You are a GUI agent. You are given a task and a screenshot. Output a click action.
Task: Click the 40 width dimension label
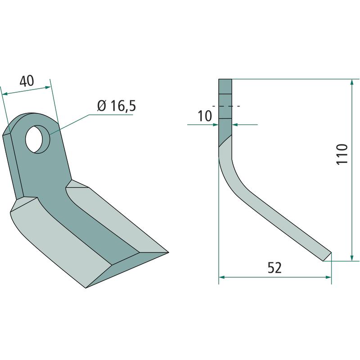click(x=27, y=81)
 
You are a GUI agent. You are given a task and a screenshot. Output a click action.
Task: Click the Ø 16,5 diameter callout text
click(x=117, y=106)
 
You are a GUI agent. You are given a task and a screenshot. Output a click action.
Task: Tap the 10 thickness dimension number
click(x=205, y=116)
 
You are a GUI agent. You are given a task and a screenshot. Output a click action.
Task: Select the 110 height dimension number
click(x=342, y=154)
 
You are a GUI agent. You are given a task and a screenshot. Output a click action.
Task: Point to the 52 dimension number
click(x=274, y=268)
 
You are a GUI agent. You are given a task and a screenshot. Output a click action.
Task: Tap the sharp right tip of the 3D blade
click(x=168, y=252)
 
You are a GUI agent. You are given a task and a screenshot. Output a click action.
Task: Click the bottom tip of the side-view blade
click(x=323, y=261)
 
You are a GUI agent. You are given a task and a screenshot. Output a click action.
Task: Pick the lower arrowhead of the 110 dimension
click(x=352, y=258)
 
